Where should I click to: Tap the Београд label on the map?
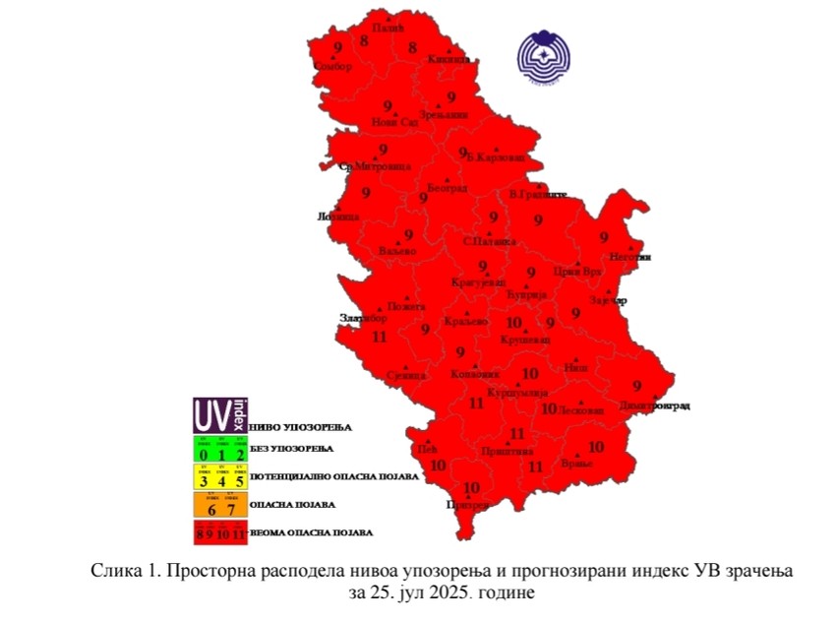pos(448,188)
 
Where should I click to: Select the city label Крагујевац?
pos(476,282)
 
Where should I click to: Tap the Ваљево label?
pos(397,252)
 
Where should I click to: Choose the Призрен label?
pos(467,504)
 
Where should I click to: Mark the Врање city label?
pos(577,464)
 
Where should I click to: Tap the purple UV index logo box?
pos(219,415)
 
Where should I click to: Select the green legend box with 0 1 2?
pos(219,449)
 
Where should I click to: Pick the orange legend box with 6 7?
pos(219,505)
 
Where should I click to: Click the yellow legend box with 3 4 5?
pos(219,476)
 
